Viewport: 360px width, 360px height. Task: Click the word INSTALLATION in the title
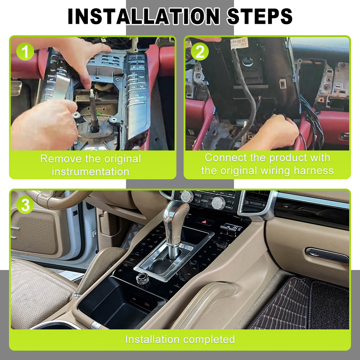[x=144, y=16]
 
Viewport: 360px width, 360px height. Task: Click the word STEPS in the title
[x=260, y=16]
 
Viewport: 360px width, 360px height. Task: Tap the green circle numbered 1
[x=25, y=51]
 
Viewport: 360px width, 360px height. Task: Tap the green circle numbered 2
[x=200, y=51]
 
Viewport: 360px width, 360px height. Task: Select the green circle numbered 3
[x=25, y=205]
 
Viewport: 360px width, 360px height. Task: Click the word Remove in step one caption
[x=60, y=159]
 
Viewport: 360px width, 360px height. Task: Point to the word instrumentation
[x=90, y=172]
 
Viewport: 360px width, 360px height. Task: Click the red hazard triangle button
[x=204, y=222]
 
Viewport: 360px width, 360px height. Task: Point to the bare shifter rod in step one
[x=94, y=111]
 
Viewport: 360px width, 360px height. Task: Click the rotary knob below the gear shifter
[x=143, y=279]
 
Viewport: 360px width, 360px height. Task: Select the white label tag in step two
[x=239, y=44]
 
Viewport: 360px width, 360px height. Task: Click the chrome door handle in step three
[x=327, y=255]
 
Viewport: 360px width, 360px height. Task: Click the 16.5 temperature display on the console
[x=233, y=228]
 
